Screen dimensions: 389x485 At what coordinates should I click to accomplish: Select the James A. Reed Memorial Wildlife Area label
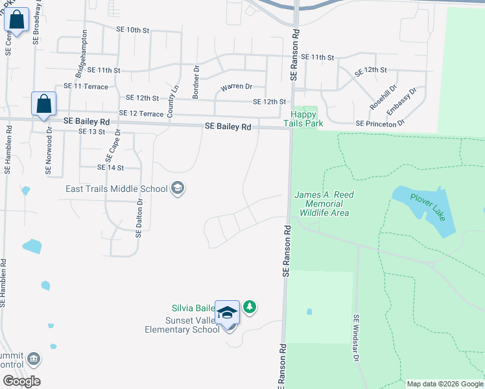tap(324, 204)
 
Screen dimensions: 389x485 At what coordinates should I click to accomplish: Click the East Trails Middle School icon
tap(177, 189)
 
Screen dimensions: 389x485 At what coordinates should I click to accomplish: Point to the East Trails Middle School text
tap(117, 189)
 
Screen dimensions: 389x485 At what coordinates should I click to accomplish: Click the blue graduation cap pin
tap(228, 312)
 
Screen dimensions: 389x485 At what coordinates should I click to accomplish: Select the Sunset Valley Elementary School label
tap(182, 325)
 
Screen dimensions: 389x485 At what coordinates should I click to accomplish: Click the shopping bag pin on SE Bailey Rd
tap(43, 104)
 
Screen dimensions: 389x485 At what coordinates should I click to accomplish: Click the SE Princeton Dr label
tap(380, 123)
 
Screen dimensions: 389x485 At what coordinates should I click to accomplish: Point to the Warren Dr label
tap(236, 87)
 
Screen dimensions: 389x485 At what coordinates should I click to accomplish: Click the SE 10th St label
tap(133, 30)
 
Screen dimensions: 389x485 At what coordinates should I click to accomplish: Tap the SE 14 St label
tap(110, 167)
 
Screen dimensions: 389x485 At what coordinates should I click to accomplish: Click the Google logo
tap(21, 381)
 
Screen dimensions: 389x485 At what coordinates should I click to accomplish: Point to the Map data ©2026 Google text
tap(444, 384)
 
